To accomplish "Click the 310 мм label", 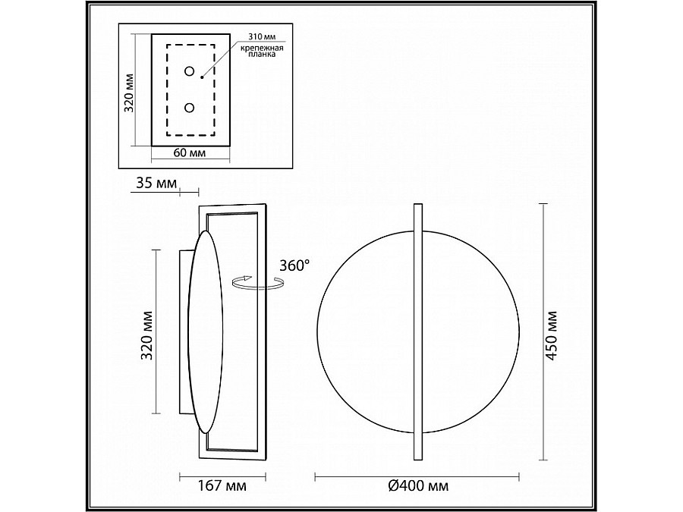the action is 263,36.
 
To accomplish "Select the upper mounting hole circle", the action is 190,71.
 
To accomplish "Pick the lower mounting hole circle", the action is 190,108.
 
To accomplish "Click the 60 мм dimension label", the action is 190,152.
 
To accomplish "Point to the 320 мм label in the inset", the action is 130,93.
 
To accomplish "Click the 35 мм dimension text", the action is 157,183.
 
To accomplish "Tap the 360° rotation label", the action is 294,265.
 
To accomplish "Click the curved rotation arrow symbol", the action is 257,282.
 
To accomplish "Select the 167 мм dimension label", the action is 222,485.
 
